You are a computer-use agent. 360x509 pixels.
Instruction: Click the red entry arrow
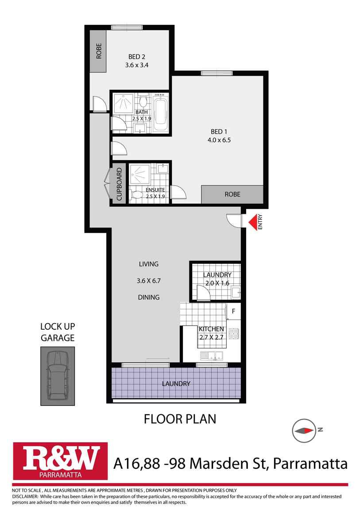click(252, 223)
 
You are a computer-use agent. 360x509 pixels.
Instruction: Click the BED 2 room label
click(137, 57)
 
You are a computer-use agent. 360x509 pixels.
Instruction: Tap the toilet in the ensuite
click(137, 195)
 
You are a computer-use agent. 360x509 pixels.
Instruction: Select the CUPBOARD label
click(119, 184)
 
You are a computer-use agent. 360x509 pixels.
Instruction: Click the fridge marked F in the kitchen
click(233, 311)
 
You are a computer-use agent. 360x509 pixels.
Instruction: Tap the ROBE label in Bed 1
click(232, 194)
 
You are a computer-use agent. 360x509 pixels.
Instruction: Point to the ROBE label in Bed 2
click(99, 51)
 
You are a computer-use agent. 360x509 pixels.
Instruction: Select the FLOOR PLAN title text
click(180, 419)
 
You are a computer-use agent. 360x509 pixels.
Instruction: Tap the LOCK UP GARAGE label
click(58, 332)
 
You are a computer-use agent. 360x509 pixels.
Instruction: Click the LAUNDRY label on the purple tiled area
click(176, 384)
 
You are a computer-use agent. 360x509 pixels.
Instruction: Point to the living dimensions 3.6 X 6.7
click(148, 281)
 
